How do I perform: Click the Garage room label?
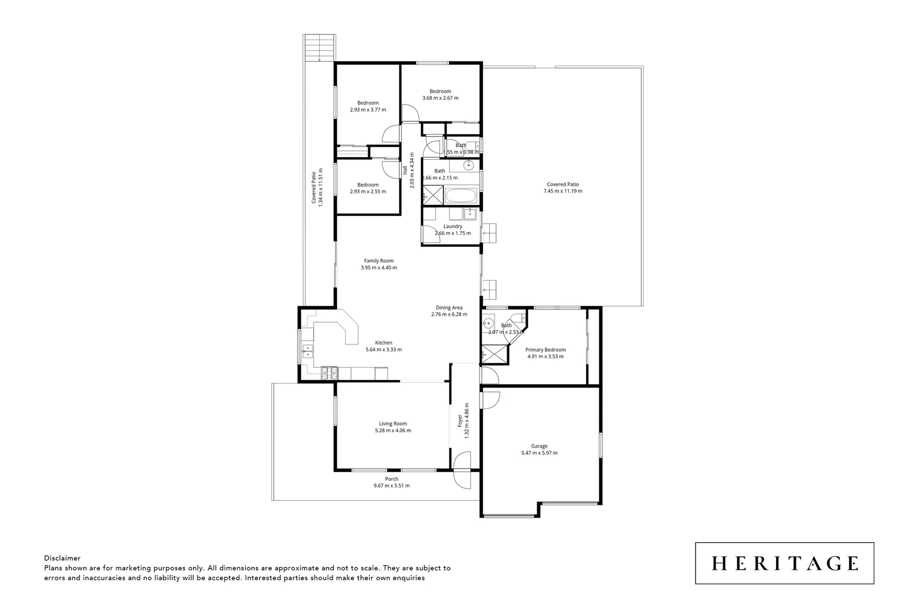pyautogui.click(x=539, y=446)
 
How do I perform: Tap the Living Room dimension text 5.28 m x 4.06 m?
pyautogui.click(x=393, y=430)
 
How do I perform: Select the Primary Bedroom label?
pyautogui.click(x=545, y=350)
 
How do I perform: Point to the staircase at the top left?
pyautogui.click(x=320, y=48)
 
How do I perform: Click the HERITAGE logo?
pyautogui.click(x=784, y=563)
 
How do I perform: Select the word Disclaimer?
pyautogui.click(x=62, y=558)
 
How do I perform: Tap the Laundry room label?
pyautogui.click(x=452, y=226)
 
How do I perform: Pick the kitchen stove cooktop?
pyautogui.click(x=329, y=373)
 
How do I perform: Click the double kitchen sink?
pyautogui.click(x=307, y=351)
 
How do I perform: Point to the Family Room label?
pyautogui.click(x=378, y=261)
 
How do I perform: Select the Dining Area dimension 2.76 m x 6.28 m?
pyautogui.click(x=449, y=315)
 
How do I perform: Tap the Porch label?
pyautogui.click(x=391, y=479)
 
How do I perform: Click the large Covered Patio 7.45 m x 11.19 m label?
pyautogui.click(x=563, y=184)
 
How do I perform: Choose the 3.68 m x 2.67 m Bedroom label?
pyautogui.click(x=440, y=91)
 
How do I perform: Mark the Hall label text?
pyautogui.click(x=405, y=169)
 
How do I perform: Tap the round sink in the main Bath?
pyautogui.click(x=468, y=165)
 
